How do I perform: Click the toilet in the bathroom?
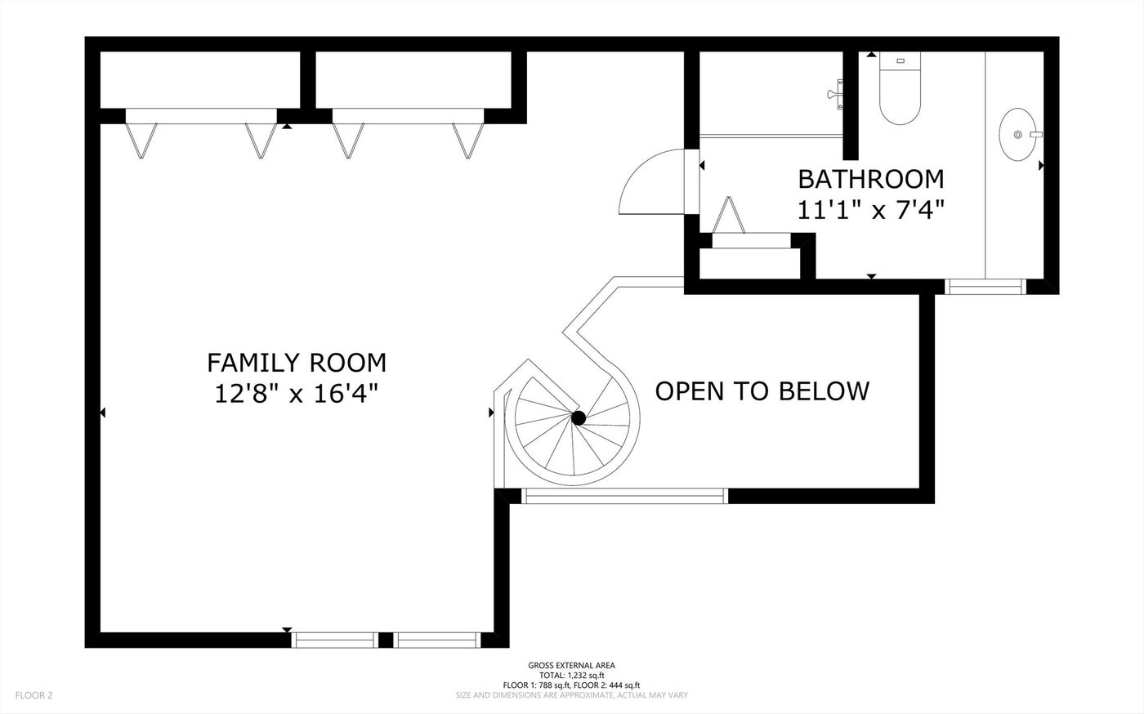coord(900,88)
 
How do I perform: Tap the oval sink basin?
coord(1018,134)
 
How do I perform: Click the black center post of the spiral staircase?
coord(579,417)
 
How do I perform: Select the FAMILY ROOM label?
coord(296,364)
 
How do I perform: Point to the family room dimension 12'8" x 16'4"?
coord(296,394)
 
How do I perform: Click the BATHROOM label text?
coord(871,179)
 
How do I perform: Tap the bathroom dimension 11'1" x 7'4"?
coord(871,210)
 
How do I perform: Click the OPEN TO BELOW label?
coord(762,391)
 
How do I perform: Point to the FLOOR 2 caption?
coord(34,695)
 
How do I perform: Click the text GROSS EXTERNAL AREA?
coord(571,666)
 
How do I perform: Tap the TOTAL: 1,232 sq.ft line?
coord(571,675)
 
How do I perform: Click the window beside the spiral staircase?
coord(624,496)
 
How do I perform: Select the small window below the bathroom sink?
coord(985,287)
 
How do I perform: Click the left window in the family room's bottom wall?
coord(335,640)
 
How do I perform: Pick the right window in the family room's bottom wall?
coord(437,640)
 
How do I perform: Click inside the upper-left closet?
coord(200,80)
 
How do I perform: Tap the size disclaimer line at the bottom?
coord(571,695)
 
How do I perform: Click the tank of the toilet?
coord(900,60)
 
